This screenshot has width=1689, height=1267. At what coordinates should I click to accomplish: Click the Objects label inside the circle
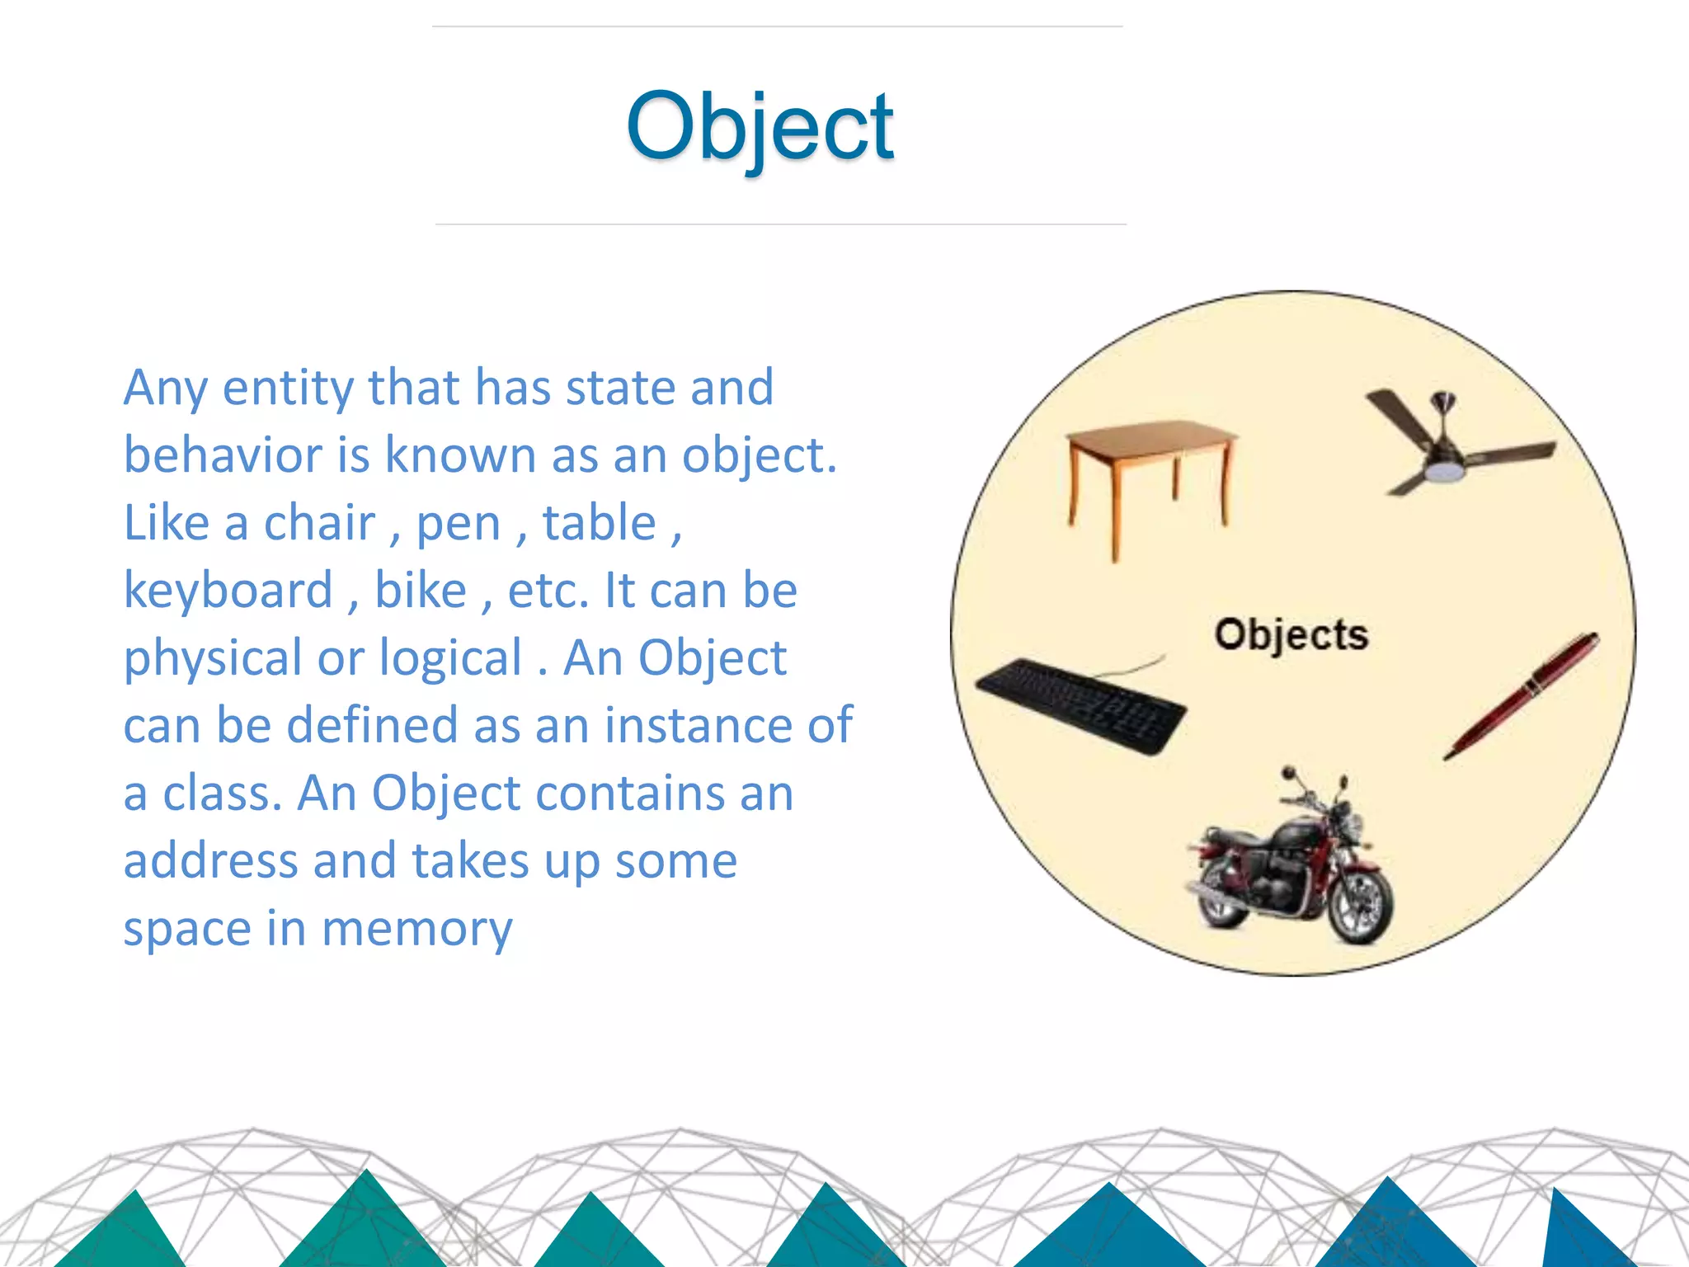pyautogui.click(x=1291, y=636)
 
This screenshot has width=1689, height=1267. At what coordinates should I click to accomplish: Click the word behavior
pyautogui.click(x=222, y=455)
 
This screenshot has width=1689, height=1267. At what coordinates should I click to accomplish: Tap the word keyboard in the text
pyautogui.click(x=228, y=591)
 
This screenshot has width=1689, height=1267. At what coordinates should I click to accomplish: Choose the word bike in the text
pyautogui.click(x=421, y=591)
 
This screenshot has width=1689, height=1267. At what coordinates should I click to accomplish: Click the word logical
pyautogui.click(x=450, y=658)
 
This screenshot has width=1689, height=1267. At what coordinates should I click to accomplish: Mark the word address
pyautogui.click(x=210, y=861)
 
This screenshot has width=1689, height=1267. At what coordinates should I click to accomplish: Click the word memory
pyautogui.click(x=417, y=930)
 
